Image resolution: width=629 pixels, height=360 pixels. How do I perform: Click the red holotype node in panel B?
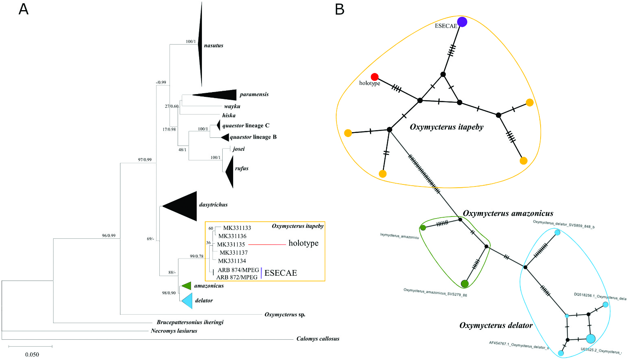tap(375, 77)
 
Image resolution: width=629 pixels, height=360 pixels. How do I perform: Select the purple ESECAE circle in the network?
tap(462, 22)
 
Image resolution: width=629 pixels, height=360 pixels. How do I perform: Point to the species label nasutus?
tap(213, 46)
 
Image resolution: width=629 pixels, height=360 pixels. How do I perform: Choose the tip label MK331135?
tap(231, 244)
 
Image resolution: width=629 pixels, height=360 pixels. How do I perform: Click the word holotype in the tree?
tap(303, 243)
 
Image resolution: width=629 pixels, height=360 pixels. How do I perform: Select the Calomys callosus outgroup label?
tap(318, 339)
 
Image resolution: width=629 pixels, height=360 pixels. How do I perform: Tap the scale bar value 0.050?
tap(32, 355)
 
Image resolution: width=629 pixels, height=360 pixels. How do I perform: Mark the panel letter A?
tap(24, 9)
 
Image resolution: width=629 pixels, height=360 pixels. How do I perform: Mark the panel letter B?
tap(339, 9)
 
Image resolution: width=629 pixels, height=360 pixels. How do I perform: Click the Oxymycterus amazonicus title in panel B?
tap(508, 214)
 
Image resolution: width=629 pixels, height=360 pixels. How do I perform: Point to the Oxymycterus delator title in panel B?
tap(496, 326)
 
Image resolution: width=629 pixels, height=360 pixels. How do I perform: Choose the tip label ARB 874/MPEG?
tap(238, 270)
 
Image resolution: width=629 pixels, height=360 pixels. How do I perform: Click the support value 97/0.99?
tap(145, 160)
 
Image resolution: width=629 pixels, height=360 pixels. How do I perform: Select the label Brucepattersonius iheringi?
tap(190, 322)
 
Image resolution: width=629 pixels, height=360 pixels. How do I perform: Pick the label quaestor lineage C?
tap(245, 126)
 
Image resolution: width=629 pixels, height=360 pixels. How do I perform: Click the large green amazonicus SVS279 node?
tap(465, 284)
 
